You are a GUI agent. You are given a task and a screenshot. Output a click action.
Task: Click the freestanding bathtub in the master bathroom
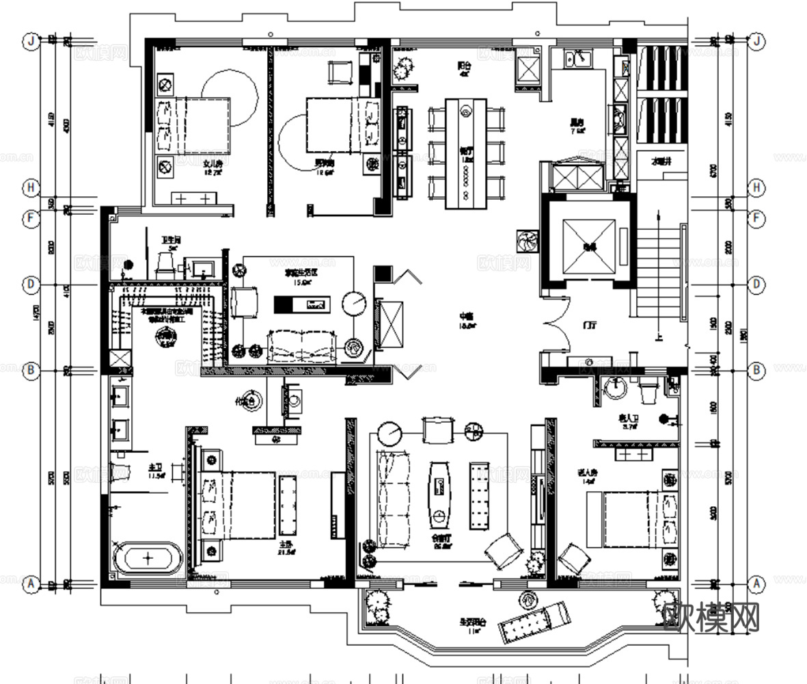tap(148, 557)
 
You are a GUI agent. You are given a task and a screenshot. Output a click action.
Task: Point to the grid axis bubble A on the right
tap(756, 584)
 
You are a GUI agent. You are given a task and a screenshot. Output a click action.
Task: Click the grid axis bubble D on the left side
tap(30, 283)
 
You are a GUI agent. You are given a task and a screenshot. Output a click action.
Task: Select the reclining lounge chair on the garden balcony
tap(534, 621)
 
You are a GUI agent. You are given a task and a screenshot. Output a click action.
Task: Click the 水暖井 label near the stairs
tap(661, 162)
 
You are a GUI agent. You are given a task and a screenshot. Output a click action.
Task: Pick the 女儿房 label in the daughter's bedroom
tap(213, 164)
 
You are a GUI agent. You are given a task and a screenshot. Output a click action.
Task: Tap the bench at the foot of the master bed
tap(288, 505)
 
